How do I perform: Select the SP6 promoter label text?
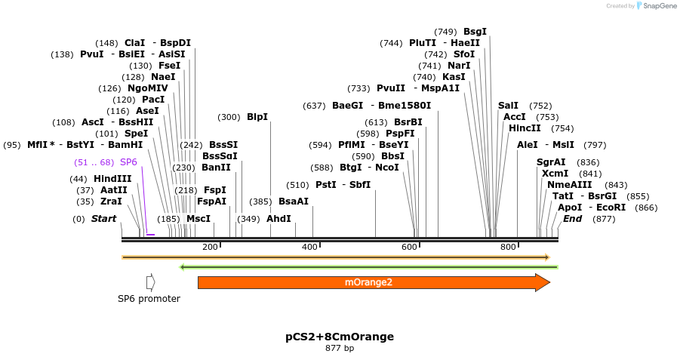(x=149, y=299)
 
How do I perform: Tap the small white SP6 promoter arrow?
(x=151, y=282)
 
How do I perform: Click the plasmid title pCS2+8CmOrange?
(x=340, y=337)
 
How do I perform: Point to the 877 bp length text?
(x=340, y=349)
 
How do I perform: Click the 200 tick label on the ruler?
(x=210, y=247)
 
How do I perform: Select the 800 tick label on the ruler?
(x=508, y=247)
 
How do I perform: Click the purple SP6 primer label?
(x=128, y=162)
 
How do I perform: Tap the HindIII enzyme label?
(x=112, y=179)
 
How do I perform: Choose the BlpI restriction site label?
(x=257, y=117)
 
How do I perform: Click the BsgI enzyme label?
(x=475, y=32)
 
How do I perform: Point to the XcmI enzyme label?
(x=555, y=174)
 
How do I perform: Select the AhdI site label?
(x=278, y=219)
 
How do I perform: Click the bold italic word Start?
(x=104, y=219)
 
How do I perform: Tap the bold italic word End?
(x=573, y=219)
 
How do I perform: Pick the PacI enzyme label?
(x=153, y=100)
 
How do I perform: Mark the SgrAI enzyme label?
(x=551, y=162)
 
